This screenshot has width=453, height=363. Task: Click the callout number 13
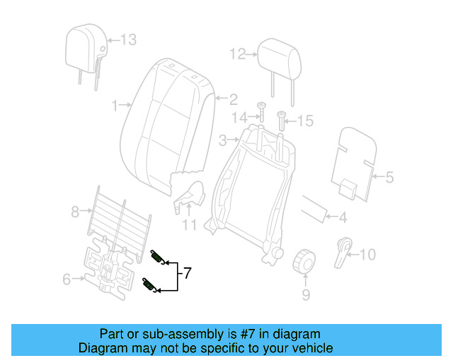point(127,40)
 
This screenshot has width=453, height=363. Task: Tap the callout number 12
point(236,53)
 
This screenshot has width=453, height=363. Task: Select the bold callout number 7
point(187,272)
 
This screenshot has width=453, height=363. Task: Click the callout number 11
point(189,226)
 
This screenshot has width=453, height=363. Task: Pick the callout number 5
point(389,177)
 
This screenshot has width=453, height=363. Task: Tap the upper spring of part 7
point(159,258)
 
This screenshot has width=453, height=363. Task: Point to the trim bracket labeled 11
point(190,194)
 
